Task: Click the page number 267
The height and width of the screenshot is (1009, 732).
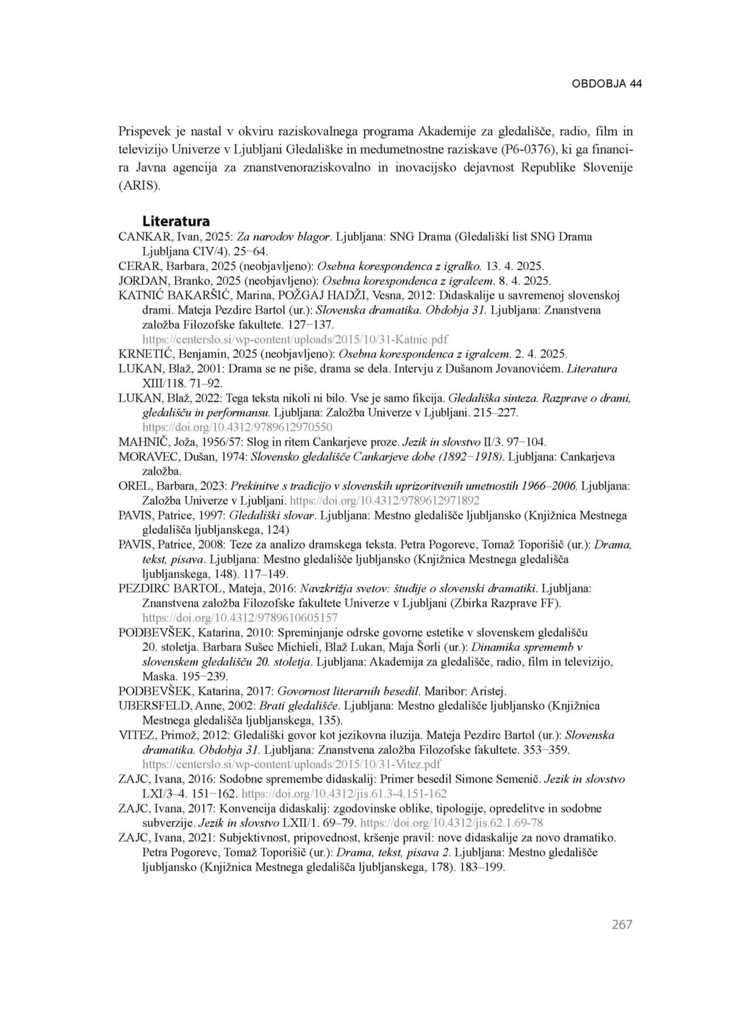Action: pos(622,924)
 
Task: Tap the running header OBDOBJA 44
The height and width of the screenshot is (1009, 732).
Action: pos(607,84)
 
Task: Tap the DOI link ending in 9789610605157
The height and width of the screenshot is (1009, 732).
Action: pos(240,617)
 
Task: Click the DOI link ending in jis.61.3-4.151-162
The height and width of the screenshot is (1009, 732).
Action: pos(345,793)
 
